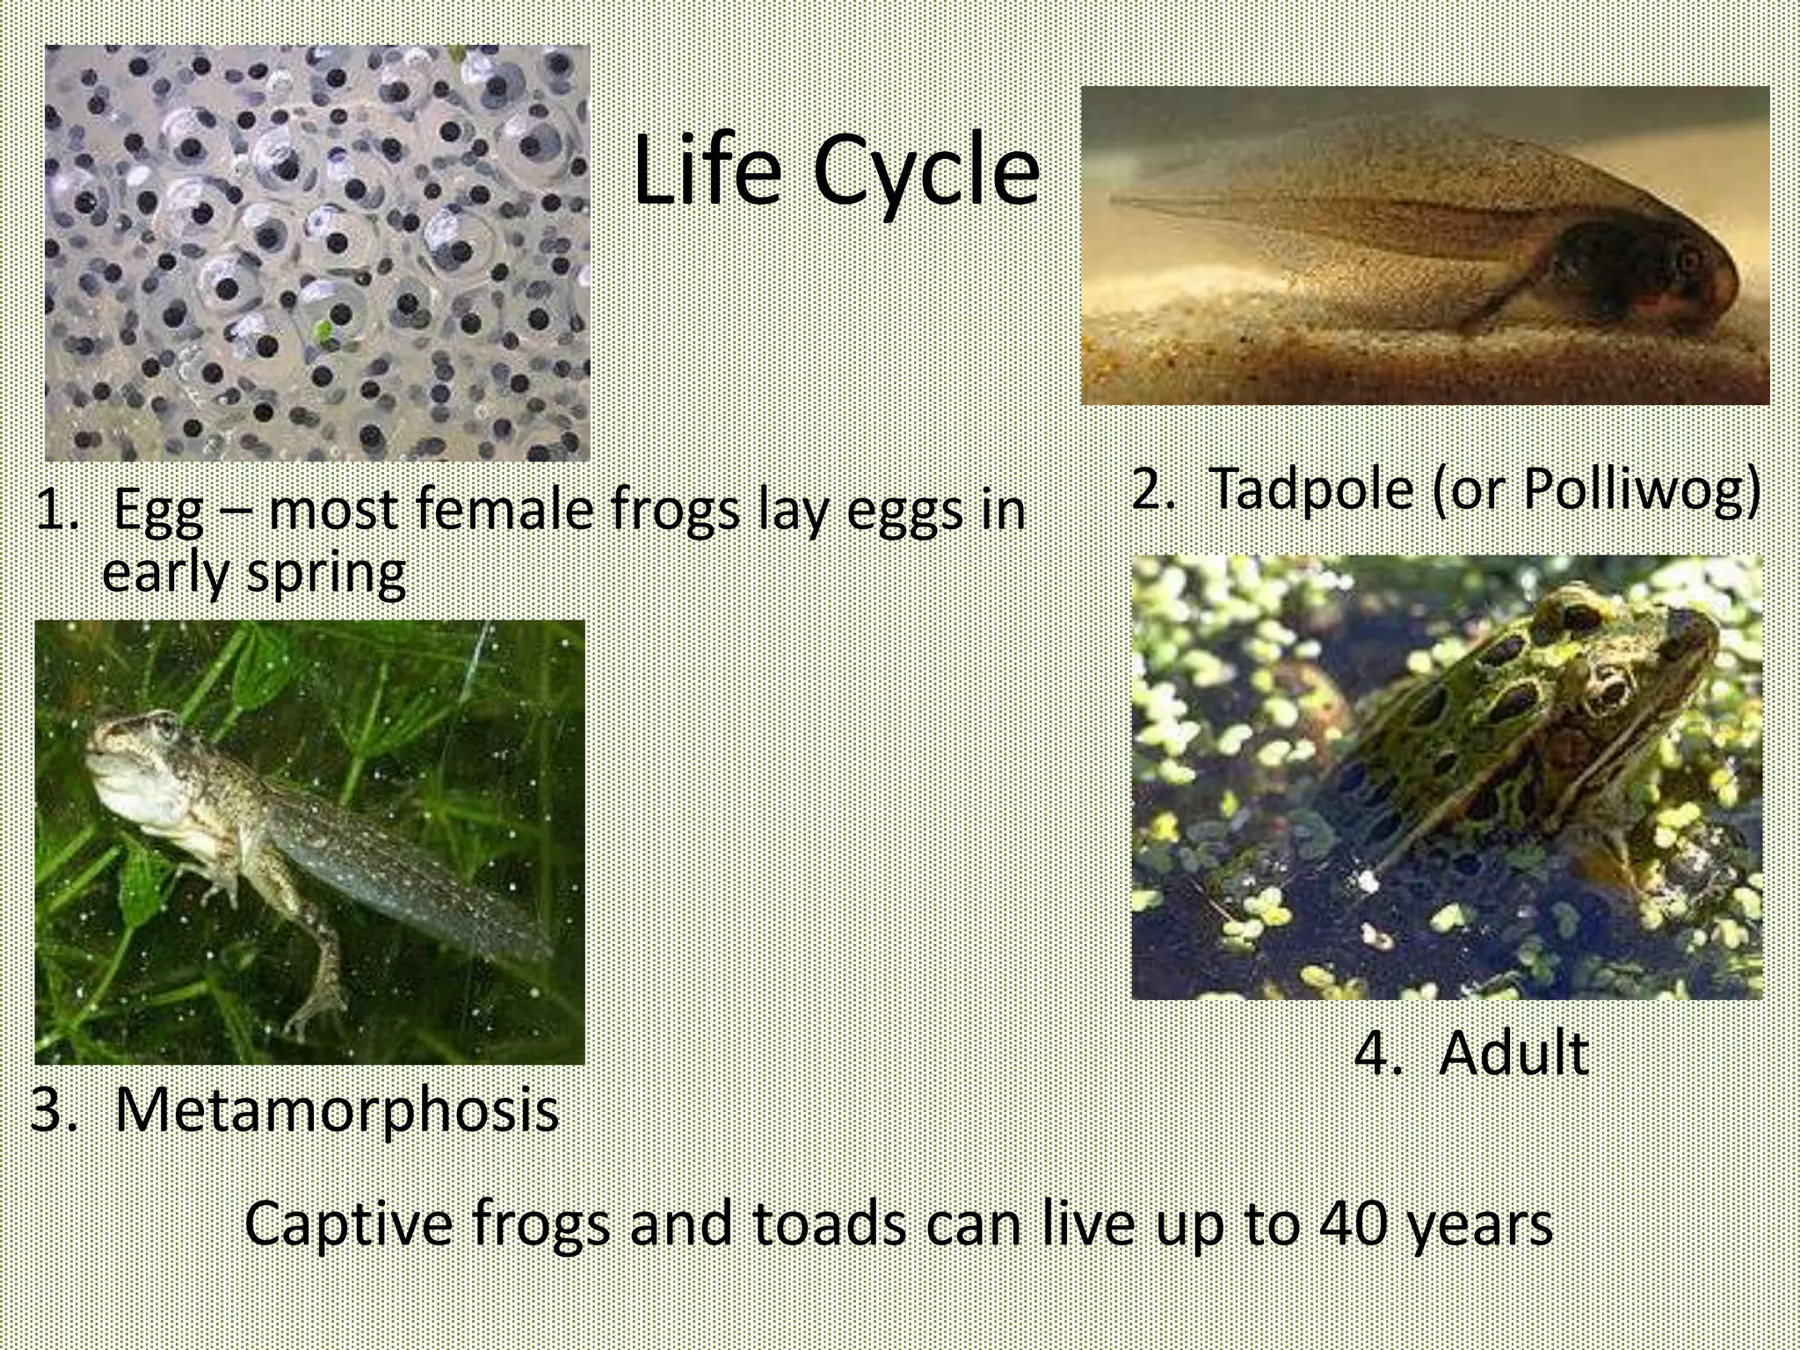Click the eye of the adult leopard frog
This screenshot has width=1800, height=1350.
pyautogui.click(x=1609, y=686)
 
